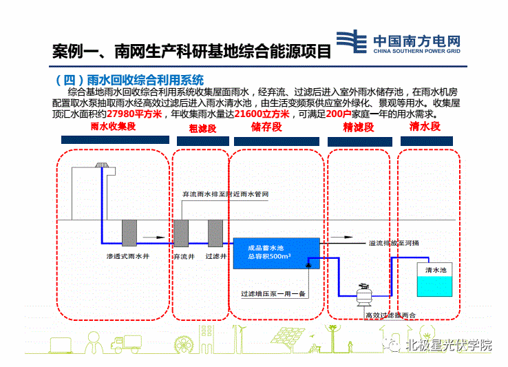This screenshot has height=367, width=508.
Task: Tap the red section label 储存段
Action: coord(266,127)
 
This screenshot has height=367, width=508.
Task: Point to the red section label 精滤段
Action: coord(358,127)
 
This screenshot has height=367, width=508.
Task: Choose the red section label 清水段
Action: coord(424,127)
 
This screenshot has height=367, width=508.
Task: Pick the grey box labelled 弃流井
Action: coord(182,233)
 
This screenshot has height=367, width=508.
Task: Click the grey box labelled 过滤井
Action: coord(215,233)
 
